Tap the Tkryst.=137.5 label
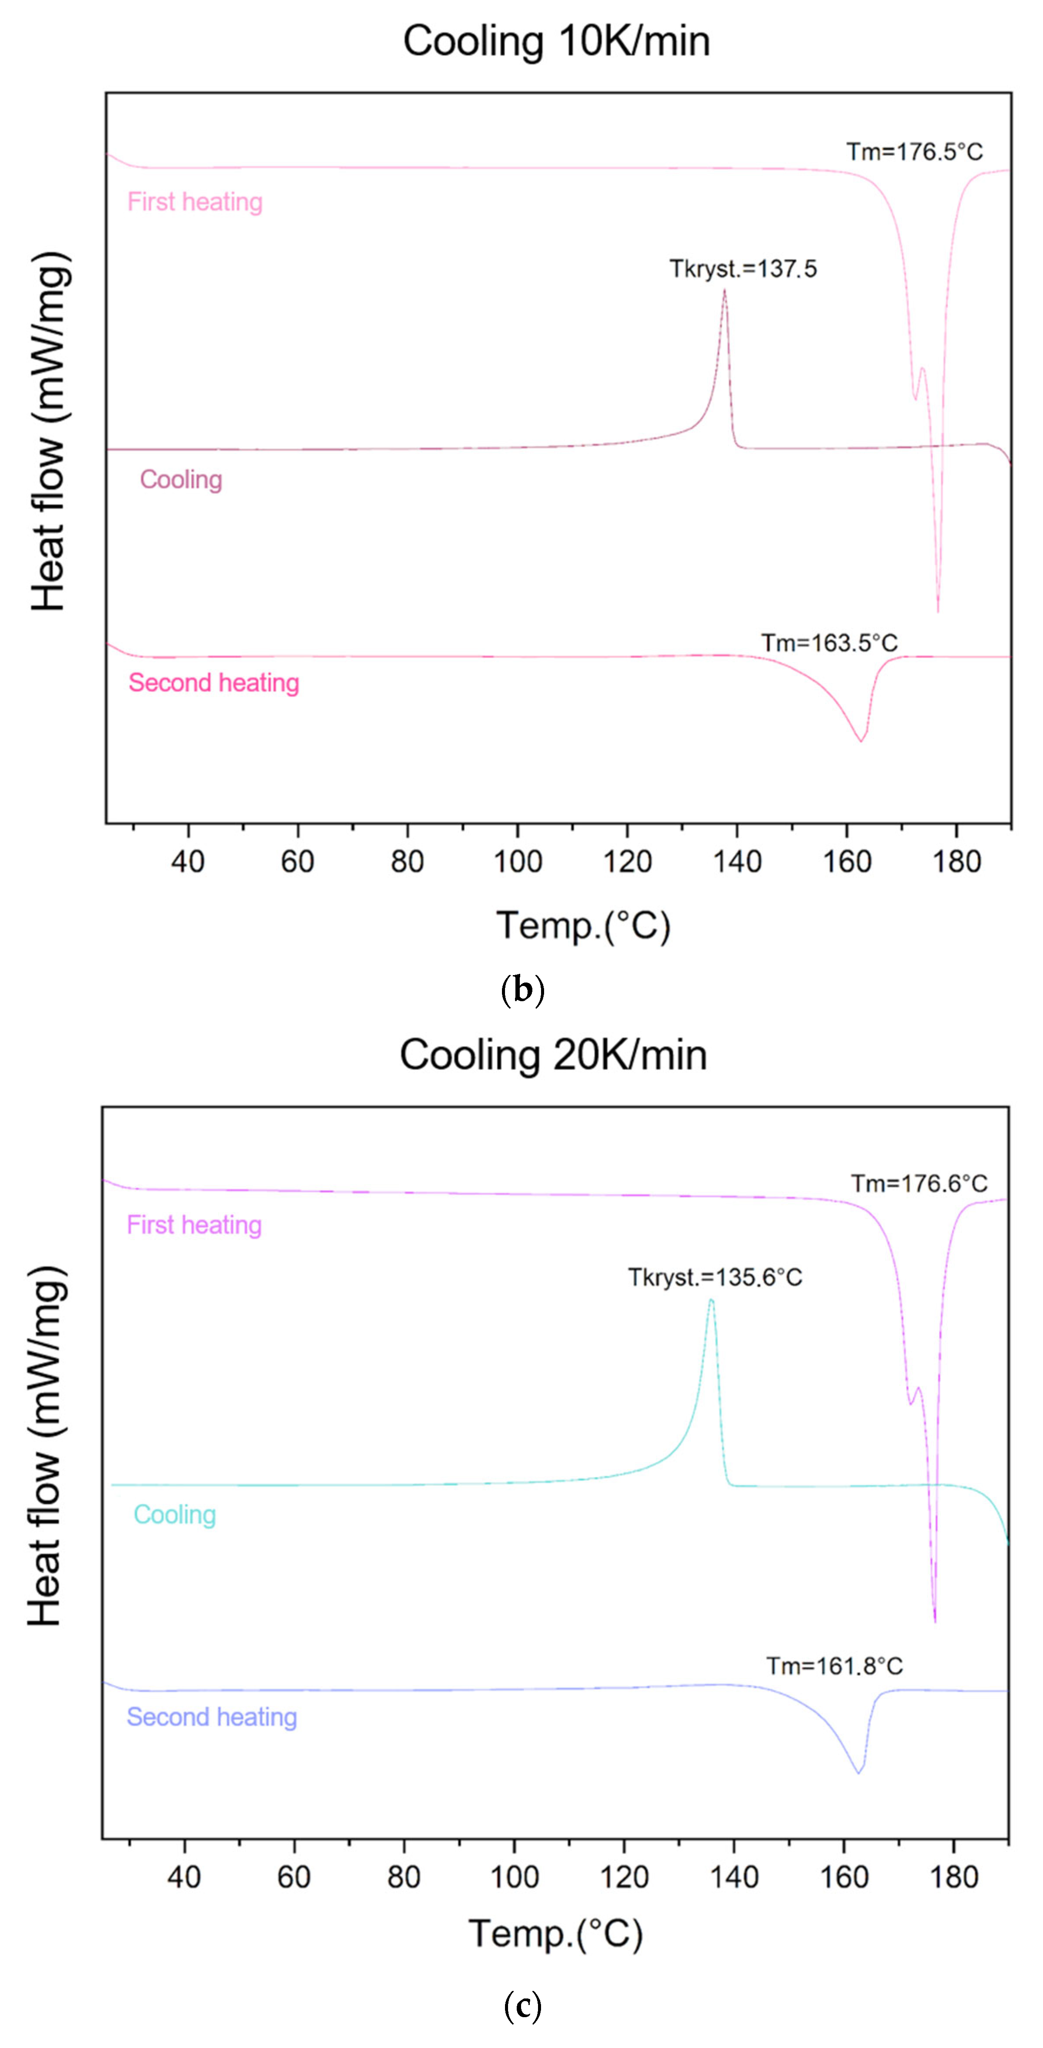[743, 269]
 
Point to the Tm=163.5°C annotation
[829, 642]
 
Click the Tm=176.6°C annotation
[919, 1183]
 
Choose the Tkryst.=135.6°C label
[715, 1277]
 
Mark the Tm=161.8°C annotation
[834, 1666]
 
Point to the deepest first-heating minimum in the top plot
[938, 611]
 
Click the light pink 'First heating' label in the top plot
[195, 202]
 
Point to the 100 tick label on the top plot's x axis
[518, 862]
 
